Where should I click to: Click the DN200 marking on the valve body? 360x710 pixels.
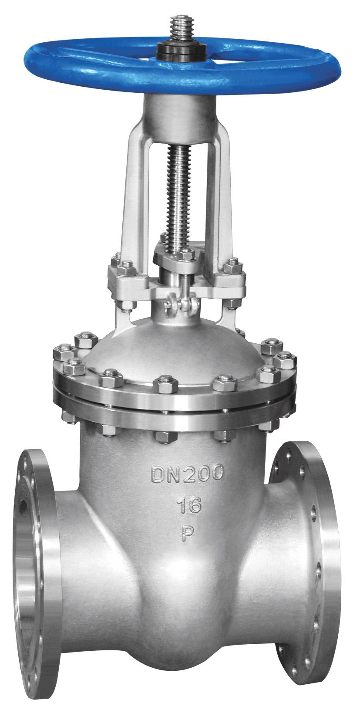(x=187, y=473)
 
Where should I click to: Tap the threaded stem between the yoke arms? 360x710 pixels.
(x=180, y=196)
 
